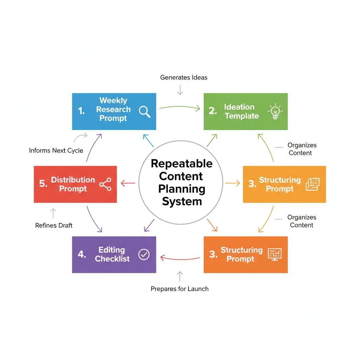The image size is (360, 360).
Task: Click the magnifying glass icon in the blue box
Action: [144, 111]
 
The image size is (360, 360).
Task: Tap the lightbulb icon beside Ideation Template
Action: [275, 111]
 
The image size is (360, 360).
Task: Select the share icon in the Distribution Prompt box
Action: [105, 184]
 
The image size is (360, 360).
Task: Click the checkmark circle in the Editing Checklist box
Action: [144, 255]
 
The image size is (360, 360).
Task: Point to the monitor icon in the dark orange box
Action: [275, 255]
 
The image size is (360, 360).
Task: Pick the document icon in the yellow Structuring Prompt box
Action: [313, 184]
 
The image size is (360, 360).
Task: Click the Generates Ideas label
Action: [184, 77]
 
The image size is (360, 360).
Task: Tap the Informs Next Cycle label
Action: [56, 150]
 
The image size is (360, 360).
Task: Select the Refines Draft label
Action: [54, 225]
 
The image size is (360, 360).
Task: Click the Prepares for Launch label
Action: [180, 289]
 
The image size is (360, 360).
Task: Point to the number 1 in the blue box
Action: [81, 111]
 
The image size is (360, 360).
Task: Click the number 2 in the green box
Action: [213, 111]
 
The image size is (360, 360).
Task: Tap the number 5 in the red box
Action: [43, 184]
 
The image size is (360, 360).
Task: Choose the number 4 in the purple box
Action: [82, 255]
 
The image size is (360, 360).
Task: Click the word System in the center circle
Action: [181, 201]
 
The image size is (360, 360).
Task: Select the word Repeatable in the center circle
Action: [181, 164]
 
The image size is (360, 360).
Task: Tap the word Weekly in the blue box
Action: [113, 101]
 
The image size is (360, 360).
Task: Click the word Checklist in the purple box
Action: [112, 259]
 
